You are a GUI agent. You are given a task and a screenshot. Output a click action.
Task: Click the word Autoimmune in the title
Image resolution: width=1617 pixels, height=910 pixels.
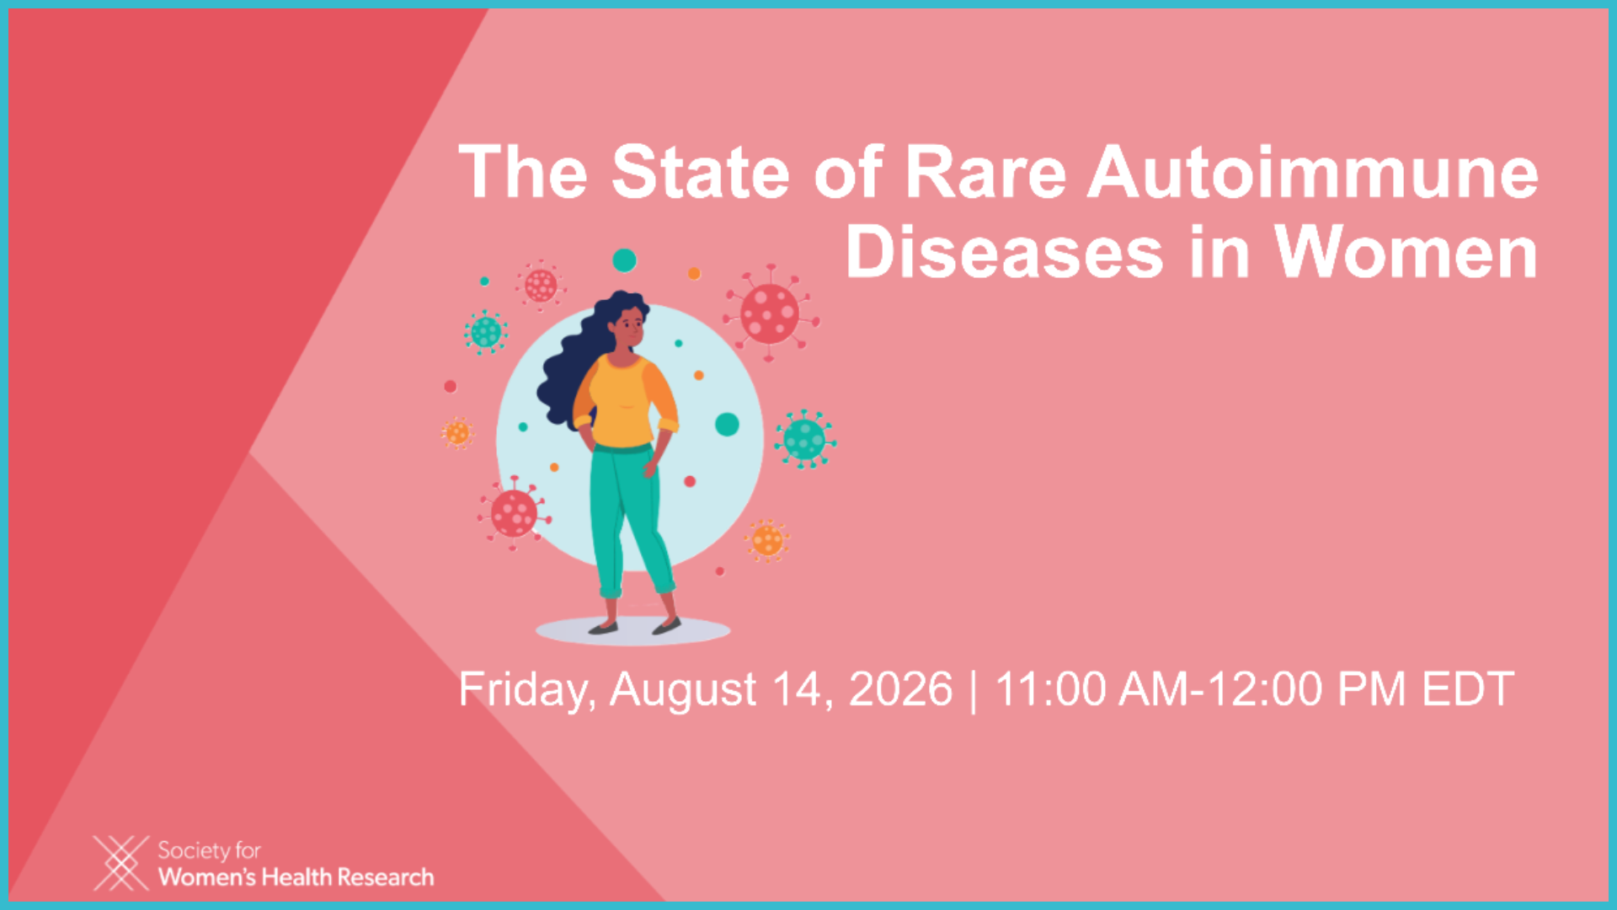click(x=1313, y=173)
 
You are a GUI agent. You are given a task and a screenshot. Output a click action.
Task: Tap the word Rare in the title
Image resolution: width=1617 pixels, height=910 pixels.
click(x=985, y=173)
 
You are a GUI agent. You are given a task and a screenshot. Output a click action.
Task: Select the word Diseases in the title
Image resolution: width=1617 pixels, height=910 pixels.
click(x=1004, y=252)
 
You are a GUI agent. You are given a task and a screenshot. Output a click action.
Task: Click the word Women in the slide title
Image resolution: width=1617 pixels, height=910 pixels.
click(x=1406, y=252)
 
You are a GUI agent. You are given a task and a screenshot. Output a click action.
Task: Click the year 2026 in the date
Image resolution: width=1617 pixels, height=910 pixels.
click(x=900, y=689)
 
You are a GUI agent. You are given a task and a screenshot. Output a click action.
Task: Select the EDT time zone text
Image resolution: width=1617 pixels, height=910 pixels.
click(x=1469, y=689)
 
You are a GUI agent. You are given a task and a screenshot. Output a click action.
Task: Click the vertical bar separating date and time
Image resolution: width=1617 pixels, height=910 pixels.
click(x=974, y=691)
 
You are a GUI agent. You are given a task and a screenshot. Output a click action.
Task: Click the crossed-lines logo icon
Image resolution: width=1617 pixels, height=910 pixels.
click(x=120, y=863)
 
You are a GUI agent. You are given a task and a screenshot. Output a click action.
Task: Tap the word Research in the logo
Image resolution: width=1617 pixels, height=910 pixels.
click(x=386, y=877)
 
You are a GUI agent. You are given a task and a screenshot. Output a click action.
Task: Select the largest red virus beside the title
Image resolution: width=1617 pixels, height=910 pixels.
click(x=770, y=313)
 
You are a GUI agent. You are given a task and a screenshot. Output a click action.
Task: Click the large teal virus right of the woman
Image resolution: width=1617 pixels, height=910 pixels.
click(x=805, y=439)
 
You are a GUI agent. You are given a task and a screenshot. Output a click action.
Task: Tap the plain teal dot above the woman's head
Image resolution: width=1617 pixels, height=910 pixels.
click(x=624, y=260)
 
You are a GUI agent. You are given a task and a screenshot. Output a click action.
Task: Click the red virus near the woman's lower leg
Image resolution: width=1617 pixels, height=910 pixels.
click(x=514, y=512)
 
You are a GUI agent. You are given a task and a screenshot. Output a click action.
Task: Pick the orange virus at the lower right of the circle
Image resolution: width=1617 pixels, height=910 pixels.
click(x=767, y=540)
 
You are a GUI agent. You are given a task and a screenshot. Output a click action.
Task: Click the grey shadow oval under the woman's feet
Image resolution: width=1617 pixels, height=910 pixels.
click(x=632, y=630)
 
